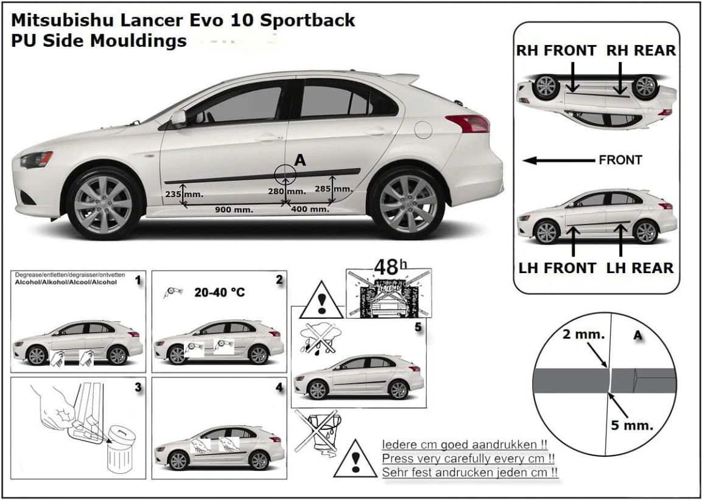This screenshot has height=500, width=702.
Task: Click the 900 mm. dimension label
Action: coord(234,210)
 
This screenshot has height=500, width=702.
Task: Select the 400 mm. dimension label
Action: coord(310,209)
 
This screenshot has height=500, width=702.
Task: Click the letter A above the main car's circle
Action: coord(300,160)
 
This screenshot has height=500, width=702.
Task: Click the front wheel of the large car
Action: coord(103,203)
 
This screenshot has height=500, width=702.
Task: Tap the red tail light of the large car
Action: coord(467,123)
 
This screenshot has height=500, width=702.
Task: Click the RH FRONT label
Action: coord(556,50)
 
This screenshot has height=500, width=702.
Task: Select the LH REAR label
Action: coord(639,268)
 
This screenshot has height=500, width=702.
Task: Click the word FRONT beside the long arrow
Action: coord(620,161)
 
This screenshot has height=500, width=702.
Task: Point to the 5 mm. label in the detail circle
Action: coord(632,425)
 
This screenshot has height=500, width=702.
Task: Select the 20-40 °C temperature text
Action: coord(219,293)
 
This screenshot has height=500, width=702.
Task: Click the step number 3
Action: coord(138,387)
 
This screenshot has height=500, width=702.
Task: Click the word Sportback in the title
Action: coord(307,20)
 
